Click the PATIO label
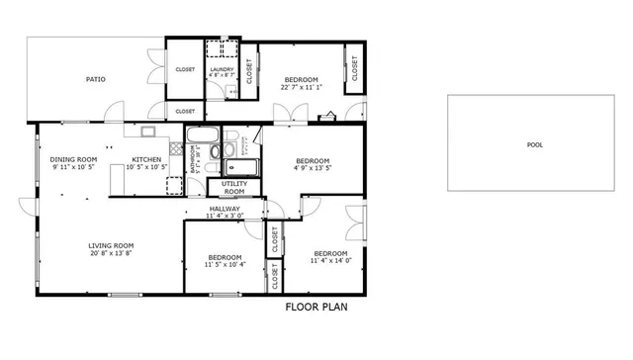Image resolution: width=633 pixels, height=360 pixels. coord(95,79)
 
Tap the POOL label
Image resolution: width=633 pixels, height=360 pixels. coord(534,144)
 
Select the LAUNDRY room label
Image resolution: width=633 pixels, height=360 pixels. coord(221,69)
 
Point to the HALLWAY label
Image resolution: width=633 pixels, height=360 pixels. coord(225,209)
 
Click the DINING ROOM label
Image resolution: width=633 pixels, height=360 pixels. coord(73,159)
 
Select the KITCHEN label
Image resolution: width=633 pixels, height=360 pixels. coord(147,159)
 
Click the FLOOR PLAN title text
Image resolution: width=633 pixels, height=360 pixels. coord(316,307)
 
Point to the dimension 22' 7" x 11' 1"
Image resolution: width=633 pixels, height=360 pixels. coord(302,87)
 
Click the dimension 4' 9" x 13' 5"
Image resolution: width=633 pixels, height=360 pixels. coord(313,168)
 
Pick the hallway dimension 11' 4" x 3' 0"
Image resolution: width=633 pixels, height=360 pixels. coord(225,217)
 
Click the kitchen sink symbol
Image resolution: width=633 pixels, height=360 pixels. coord(148,131)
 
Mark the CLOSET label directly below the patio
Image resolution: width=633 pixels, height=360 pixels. coord(185,112)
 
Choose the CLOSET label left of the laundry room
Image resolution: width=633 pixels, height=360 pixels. coord(185,69)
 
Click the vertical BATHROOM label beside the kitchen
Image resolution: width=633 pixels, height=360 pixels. coord(194,157)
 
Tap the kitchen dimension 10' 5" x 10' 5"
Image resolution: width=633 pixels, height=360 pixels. coord(147,167)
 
